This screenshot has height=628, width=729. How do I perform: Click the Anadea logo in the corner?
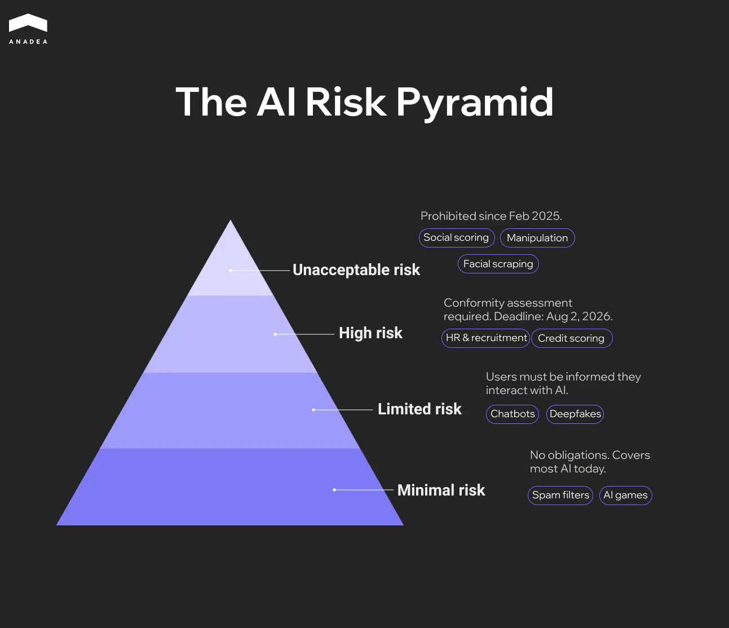(x=28, y=29)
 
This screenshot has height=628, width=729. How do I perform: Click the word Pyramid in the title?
(x=475, y=102)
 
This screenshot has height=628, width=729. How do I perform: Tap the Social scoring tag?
(x=456, y=238)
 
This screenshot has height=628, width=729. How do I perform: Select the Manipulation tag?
(x=537, y=238)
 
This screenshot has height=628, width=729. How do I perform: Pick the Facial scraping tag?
(x=498, y=264)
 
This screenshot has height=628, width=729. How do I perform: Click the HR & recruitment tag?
(x=486, y=338)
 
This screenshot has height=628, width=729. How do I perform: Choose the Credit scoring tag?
(x=571, y=338)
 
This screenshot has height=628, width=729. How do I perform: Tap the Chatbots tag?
(x=512, y=414)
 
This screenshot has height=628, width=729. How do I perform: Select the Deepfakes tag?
(x=575, y=414)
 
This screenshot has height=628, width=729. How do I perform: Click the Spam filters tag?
(x=560, y=496)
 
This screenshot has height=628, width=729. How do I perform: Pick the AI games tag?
(x=625, y=496)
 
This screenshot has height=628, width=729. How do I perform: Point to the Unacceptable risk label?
(x=356, y=270)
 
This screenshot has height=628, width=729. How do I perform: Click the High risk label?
(x=370, y=333)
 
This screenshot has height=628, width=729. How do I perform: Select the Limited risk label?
(x=419, y=409)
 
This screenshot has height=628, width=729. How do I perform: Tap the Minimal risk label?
(x=441, y=490)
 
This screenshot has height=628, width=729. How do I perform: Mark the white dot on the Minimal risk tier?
(x=334, y=490)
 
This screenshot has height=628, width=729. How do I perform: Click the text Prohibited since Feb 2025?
(x=491, y=216)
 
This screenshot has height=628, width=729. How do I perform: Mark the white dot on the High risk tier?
(x=275, y=334)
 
